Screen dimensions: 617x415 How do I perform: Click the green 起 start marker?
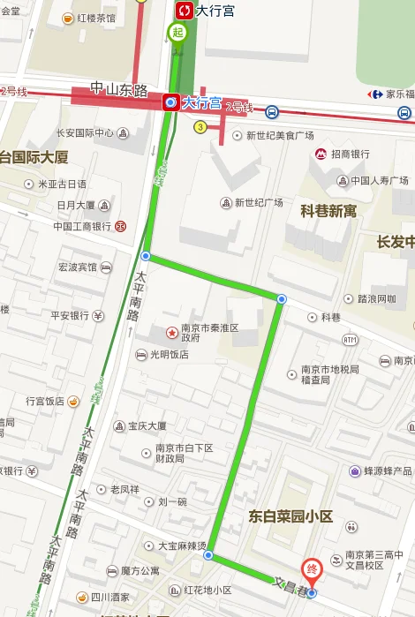[x=177, y=34]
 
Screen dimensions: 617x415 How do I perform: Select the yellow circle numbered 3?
[x=200, y=127]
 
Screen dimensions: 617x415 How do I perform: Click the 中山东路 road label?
[x=117, y=88]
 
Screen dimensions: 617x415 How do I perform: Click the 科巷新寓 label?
[x=328, y=211]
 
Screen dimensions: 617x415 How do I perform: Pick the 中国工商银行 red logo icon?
[x=120, y=226]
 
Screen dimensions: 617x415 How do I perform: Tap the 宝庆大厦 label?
[x=147, y=425]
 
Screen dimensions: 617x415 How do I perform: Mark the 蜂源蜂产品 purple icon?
[x=355, y=471]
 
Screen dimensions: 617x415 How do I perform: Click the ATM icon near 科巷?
[x=350, y=339]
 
